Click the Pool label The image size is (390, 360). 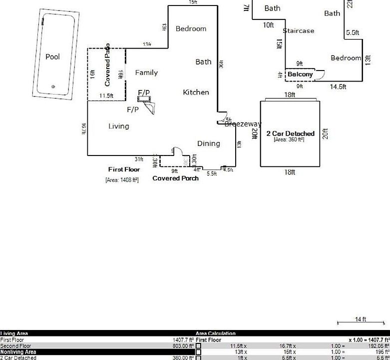click(52, 56)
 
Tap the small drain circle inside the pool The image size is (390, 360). click(53, 86)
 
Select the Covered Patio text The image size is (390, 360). click(107, 65)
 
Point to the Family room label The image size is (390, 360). click(146, 72)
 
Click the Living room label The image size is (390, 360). click(118, 126)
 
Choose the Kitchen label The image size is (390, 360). click(196, 92)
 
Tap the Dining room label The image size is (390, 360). click(208, 143)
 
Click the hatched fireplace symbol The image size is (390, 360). click(146, 99)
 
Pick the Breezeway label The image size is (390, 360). click(243, 124)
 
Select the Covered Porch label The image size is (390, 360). click(175, 178)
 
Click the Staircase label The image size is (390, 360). click(298, 30)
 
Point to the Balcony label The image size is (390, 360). click(300, 74)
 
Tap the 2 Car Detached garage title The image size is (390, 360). click(290, 133)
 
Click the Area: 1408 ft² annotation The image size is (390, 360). click(122, 179)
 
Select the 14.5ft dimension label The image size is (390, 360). click(338, 86)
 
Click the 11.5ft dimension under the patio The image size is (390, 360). click(106, 95)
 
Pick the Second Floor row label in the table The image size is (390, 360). click(15, 346)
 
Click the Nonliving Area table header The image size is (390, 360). click(18, 352)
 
